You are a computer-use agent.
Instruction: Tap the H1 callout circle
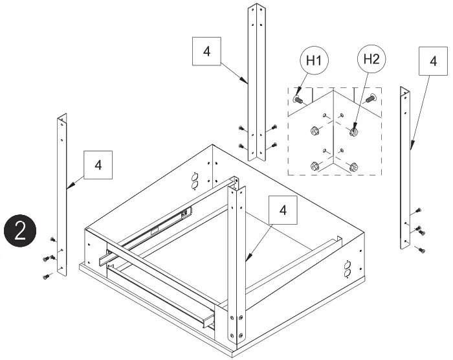314,62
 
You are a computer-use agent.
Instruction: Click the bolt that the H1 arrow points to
298,100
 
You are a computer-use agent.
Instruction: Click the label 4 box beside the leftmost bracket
98,164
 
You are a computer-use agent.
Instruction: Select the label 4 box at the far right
432,61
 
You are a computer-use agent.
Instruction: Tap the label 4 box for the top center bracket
206,52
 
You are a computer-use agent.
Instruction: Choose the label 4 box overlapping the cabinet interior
282,210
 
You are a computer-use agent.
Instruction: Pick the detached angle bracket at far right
406,168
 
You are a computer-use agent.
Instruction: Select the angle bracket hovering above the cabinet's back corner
258,81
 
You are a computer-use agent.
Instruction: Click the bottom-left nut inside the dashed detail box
314,165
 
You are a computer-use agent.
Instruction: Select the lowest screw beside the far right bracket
422,250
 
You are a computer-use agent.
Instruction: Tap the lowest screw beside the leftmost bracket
47,276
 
